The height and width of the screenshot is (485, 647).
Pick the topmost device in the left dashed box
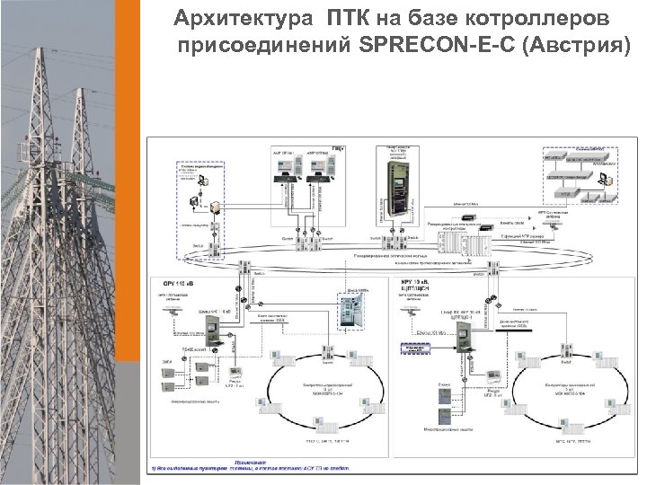tap(203, 180)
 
